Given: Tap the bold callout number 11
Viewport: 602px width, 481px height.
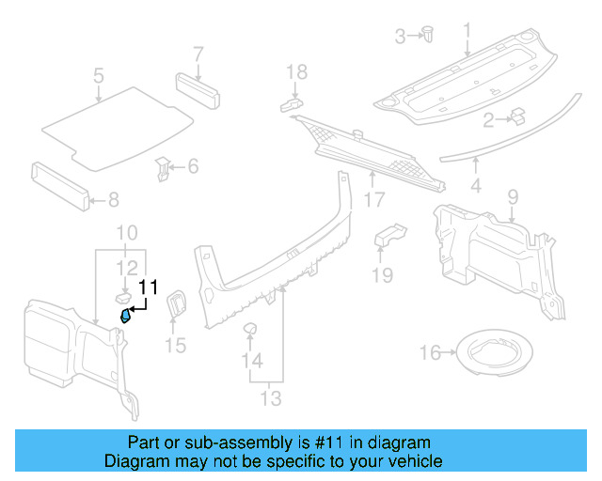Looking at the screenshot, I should [x=148, y=288].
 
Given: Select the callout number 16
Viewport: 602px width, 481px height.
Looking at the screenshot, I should [x=430, y=353].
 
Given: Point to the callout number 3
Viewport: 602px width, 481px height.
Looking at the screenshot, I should [x=399, y=37].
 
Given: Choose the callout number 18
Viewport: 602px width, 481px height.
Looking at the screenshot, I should [x=296, y=71].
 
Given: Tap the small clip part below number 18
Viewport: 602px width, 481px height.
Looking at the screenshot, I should [x=291, y=101].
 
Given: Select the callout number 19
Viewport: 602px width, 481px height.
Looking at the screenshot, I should [x=381, y=274].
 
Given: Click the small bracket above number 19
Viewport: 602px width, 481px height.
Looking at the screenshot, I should [x=388, y=235].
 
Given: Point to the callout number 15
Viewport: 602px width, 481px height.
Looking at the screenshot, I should [x=176, y=347].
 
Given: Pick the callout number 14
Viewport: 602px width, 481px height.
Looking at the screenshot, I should [x=250, y=361].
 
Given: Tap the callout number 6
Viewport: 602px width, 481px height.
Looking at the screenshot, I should [x=193, y=167].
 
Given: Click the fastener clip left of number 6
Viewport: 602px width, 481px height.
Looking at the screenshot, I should [x=165, y=170].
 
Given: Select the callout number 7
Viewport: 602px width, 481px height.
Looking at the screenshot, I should [x=198, y=53].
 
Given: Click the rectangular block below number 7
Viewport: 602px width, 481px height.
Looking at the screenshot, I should [x=198, y=87].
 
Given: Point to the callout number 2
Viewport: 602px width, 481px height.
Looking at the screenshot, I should [x=488, y=119].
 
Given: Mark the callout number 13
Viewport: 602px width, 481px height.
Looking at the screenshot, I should [x=271, y=398].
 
